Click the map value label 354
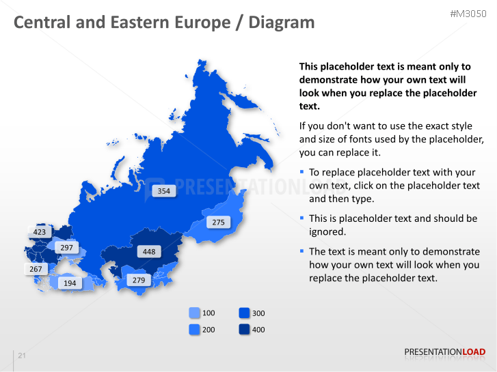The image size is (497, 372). [x=163, y=191]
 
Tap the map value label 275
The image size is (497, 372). [x=218, y=223]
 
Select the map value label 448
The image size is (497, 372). [x=149, y=252]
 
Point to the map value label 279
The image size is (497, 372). [x=139, y=281]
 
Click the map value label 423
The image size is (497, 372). [x=40, y=232]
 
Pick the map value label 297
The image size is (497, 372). [x=66, y=248]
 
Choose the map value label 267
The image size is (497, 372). [x=36, y=270]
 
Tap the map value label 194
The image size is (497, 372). [x=70, y=283]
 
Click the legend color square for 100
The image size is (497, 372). [x=195, y=313]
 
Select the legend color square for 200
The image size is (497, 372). [x=195, y=330]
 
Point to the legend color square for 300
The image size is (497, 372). [x=245, y=313]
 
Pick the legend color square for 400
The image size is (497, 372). [x=245, y=330]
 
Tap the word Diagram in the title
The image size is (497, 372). [x=282, y=23]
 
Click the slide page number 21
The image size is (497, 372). [x=22, y=356]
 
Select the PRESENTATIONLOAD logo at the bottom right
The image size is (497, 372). [x=444, y=352]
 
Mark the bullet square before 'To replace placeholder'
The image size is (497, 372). [x=302, y=173]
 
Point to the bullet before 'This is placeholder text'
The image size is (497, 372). [x=302, y=218]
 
